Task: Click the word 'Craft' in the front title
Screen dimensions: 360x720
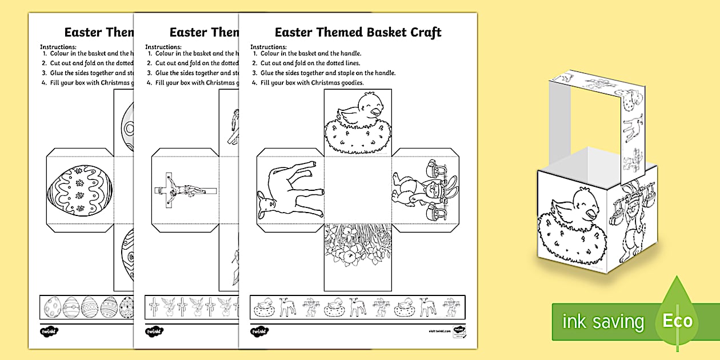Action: coord(422,32)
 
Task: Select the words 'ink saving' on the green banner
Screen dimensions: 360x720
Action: coord(603,322)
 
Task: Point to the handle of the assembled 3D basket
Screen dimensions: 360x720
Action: coord(600,91)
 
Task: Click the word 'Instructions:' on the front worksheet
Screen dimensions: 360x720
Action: coord(267,46)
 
